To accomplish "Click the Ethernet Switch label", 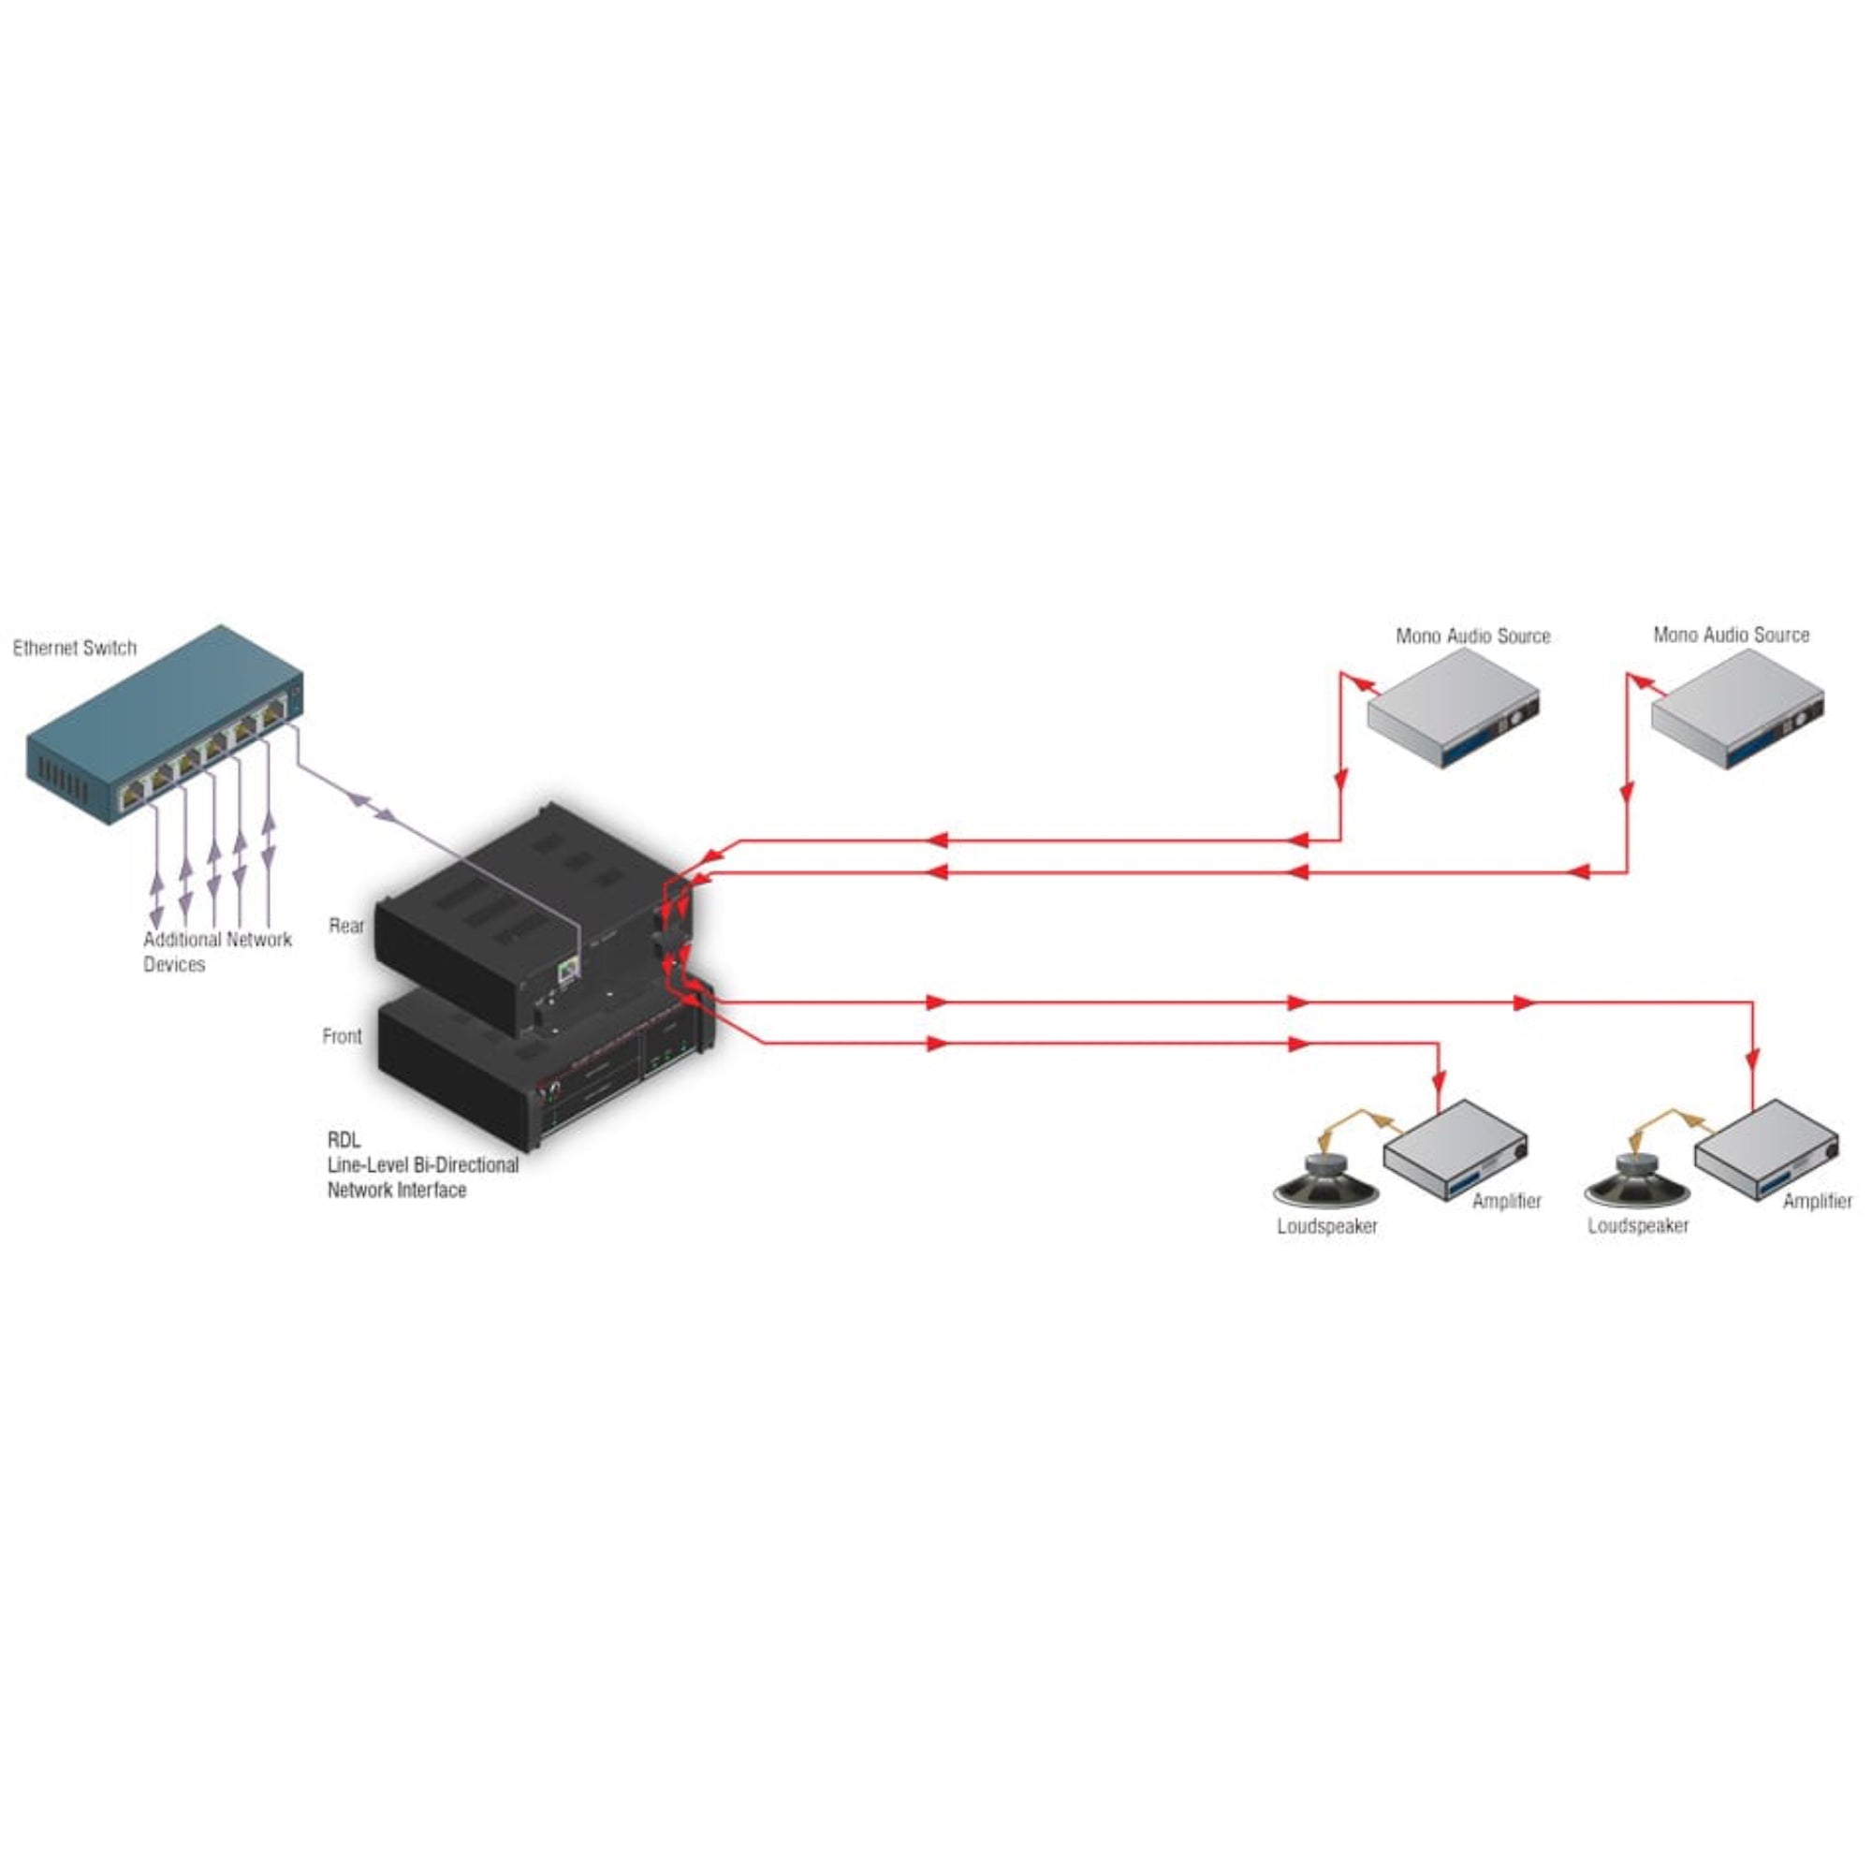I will pos(75,649).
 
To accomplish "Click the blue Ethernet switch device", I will pos(165,726).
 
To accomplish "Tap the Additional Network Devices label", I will pos(216,952).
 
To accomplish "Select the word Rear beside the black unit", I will pos(346,926).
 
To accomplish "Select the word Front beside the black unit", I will pos(341,1036).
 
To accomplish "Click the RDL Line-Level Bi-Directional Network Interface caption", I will pos(421,1164).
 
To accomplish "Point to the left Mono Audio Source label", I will pos(1471,636).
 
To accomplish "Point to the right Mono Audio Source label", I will pos(1731,636).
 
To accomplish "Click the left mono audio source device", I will pos(1453,709).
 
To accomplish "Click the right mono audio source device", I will pos(1736,709).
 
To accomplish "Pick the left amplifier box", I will pos(1455,1150).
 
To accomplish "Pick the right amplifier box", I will pos(1765,1150).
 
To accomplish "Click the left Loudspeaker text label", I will pos(1326,1227).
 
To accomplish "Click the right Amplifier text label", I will pos(1817,1202).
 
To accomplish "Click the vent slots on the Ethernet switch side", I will pos(63,780).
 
